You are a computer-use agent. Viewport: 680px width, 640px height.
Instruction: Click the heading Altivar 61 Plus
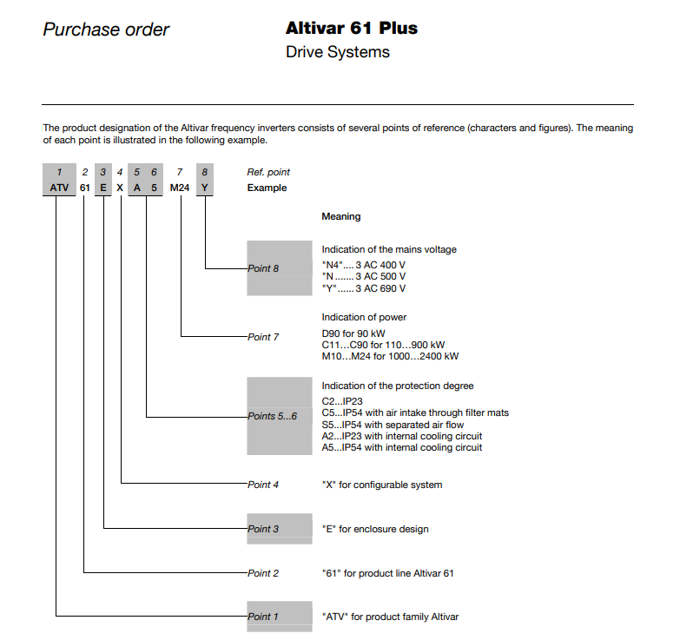[x=351, y=29]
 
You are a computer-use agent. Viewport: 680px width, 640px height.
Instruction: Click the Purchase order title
[x=106, y=30]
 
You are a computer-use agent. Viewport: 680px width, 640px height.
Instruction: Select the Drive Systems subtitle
[x=337, y=52]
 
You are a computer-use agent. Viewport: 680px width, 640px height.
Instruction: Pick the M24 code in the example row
[x=180, y=188]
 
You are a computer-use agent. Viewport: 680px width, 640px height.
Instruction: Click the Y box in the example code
[x=204, y=188]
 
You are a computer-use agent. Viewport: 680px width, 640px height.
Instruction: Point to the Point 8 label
[x=264, y=268]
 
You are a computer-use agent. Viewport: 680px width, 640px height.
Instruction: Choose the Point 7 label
[x=264, y=337]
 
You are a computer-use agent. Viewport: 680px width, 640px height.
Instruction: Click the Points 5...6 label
[x=273, y=416]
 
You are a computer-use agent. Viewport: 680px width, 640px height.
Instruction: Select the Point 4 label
[x=264, y=485]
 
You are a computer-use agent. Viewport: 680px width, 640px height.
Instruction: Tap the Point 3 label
[x=264, y=529]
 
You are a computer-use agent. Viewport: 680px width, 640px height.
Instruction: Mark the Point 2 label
[x=264, y=573]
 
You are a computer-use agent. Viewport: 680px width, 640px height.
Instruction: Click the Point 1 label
[x=264, y=617]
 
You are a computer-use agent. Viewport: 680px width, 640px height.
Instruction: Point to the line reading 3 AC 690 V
[x=363, y=288]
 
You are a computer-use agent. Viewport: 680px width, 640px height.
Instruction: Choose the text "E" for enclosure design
[x=374, y=529]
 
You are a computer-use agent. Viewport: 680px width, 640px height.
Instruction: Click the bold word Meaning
[x=340, y=216]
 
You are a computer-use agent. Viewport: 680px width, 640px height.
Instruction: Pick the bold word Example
[x=267, y=188]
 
